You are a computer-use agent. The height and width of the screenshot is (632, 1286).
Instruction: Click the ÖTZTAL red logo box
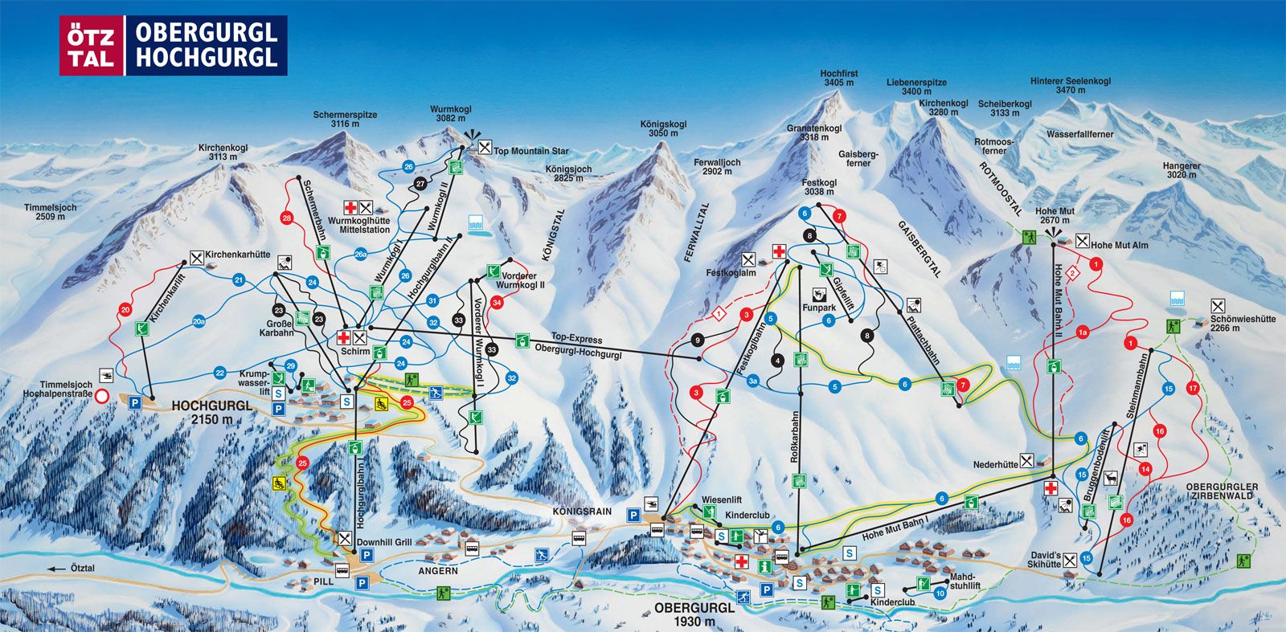92,46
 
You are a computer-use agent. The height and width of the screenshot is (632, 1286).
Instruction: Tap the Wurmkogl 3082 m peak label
450,114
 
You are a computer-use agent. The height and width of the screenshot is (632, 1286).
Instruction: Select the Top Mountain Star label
530,151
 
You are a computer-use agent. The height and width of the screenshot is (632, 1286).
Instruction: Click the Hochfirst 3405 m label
838,78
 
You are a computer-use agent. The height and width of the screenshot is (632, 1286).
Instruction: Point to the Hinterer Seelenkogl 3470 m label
1071,86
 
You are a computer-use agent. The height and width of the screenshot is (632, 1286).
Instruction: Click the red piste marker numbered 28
287,218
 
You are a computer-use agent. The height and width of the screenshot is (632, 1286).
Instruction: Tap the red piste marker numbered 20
125,310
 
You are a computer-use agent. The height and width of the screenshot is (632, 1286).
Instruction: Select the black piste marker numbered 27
420,184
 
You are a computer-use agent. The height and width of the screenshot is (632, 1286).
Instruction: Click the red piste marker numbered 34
498,303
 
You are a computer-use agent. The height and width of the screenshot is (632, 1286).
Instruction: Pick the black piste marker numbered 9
697,340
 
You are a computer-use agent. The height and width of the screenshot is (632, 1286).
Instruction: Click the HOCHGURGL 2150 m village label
212,412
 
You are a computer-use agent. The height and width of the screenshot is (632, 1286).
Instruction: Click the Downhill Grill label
383,542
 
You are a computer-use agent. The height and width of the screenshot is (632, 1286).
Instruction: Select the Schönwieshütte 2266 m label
1243,323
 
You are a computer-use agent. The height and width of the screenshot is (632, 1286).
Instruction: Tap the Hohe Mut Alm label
1120,245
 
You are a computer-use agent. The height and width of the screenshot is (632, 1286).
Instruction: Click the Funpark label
819,308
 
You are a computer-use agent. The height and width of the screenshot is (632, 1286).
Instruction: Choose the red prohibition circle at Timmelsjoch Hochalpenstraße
102,396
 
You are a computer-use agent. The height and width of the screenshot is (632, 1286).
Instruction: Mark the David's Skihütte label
1045,560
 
